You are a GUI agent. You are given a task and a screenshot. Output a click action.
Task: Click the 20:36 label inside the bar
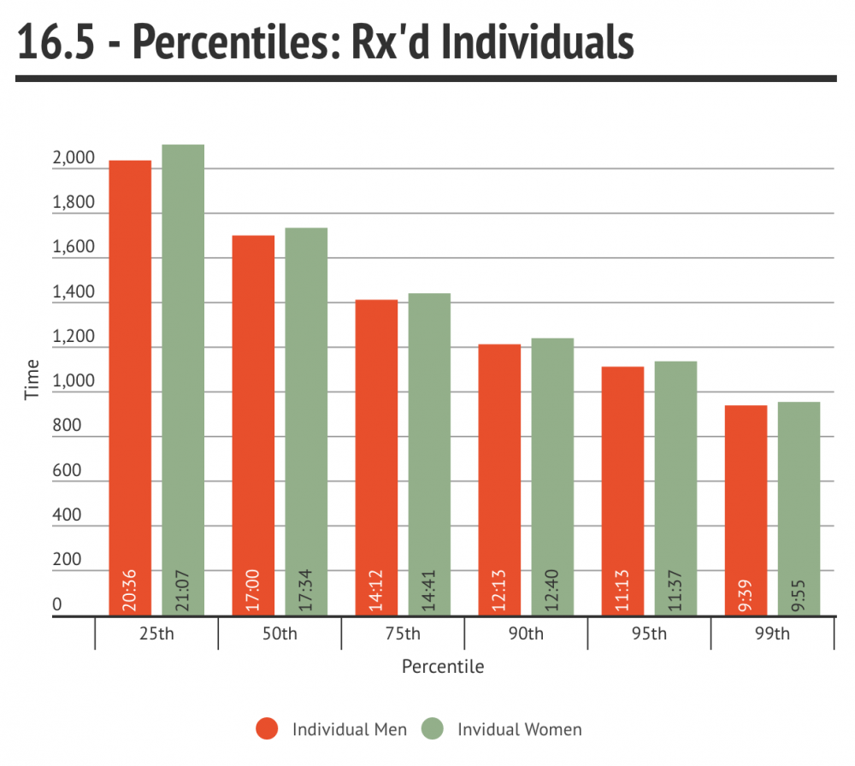[x=131, y=590]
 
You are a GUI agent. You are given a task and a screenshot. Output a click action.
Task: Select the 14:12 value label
[x=377, y=590]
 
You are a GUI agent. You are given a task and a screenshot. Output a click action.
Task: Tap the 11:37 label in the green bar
[x=676, y=590]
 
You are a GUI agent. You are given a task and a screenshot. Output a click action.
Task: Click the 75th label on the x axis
[x=403, y=633]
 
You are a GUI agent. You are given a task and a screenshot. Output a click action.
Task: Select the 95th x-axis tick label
[x=649, y=633]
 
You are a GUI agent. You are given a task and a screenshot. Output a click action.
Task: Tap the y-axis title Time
[x=32, y=380]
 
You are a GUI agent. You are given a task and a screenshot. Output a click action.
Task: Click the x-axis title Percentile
[x=443, y=666]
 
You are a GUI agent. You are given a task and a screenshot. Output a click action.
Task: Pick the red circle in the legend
[x=268, y=729]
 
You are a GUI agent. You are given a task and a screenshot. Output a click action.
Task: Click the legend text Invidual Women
[x=519, y=729]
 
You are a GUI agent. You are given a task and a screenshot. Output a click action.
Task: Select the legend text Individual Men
[x=349, y=729]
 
